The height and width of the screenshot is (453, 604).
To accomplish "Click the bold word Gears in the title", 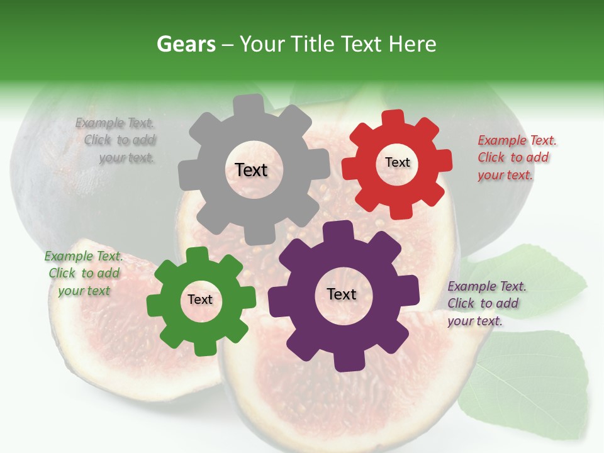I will click(184, 44).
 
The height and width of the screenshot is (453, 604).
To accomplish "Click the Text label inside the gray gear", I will click(251, 170).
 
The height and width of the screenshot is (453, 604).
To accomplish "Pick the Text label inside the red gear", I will click(397, 162).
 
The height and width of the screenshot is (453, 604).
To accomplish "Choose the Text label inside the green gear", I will click(200, 300).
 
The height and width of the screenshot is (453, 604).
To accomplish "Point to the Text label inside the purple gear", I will click(342, 294).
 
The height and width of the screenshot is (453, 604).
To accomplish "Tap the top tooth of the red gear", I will click(393, 118).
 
